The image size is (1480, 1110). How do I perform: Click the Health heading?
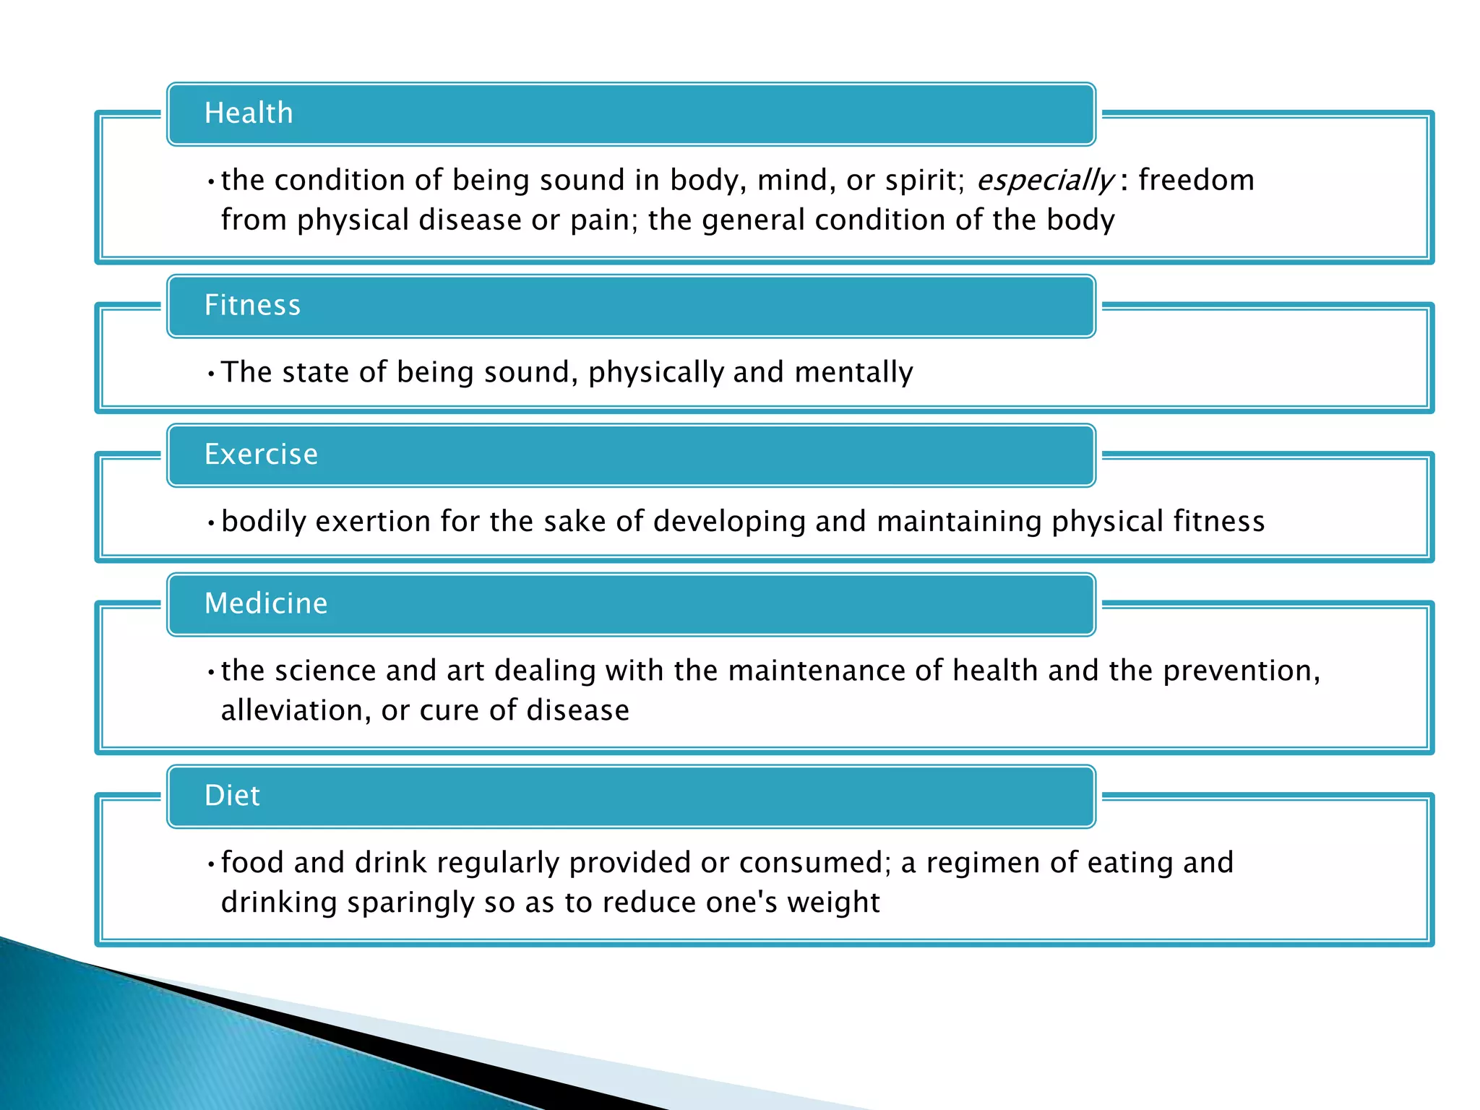tap(249, 113)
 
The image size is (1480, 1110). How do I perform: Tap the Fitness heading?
tap(252, 306)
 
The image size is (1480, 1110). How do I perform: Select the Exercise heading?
tap(261, 455)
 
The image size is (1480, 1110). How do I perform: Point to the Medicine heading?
tap(266, 603)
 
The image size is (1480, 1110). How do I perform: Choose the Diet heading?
tap(232, 796)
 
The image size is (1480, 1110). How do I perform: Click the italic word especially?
tap(1044, 181)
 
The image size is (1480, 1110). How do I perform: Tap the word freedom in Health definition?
tap(1196, 180)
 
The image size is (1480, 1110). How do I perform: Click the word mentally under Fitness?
tap(853, 372)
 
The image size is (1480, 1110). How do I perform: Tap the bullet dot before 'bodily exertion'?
tap(210, 522)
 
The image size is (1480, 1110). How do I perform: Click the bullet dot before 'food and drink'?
tap(210, 864)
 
